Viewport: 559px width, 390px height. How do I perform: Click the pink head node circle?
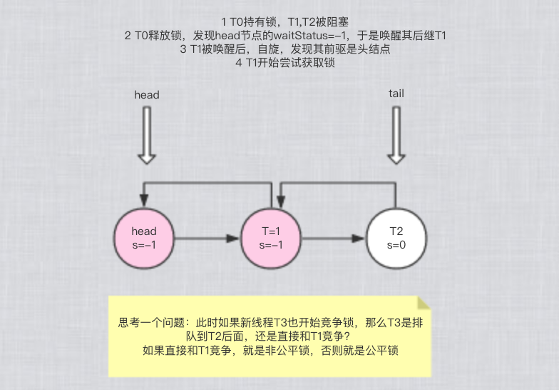(x=144, y=238)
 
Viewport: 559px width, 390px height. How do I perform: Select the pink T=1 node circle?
(x=272, y=238)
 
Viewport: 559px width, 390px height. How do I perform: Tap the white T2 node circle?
(x=396, y=238)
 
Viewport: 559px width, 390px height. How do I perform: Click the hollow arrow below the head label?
(x=147, y=135)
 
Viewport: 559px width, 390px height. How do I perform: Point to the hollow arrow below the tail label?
(x=396, y=135)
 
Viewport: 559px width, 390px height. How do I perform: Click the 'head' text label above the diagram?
(x=147, y=94)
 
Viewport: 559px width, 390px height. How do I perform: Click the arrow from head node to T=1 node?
(x=207, y=239)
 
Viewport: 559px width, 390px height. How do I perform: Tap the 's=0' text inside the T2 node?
(x=396, y=245)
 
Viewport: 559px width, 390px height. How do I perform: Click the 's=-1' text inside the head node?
(x=144, y=245)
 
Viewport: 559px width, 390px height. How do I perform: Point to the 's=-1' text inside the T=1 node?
(x=272, y=245)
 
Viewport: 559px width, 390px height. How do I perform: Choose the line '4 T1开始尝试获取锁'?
(x=284, y=63)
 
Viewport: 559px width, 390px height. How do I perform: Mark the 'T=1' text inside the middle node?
(x=272, y=231)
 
